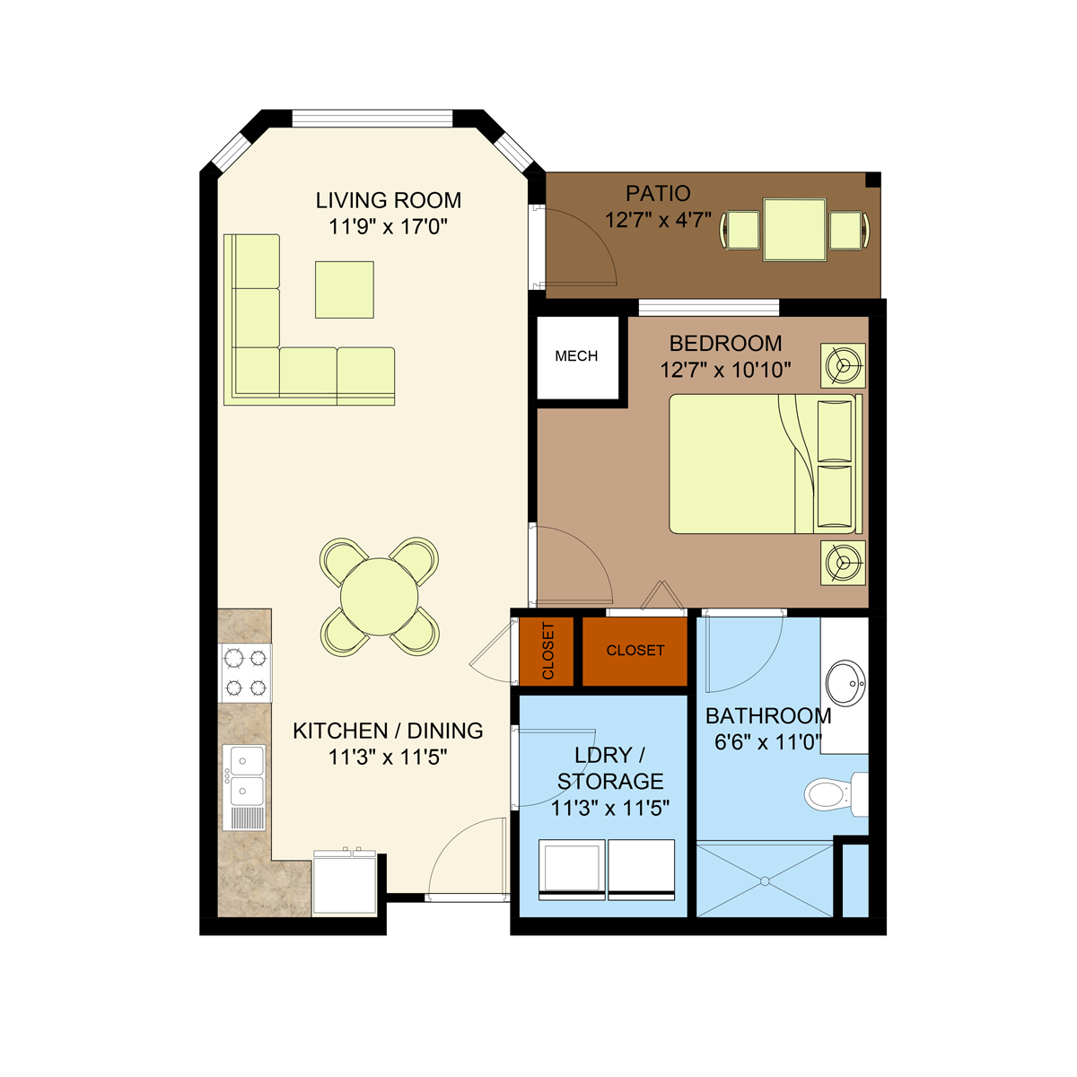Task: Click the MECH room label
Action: (575, 356)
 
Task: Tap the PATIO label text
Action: (657, 193)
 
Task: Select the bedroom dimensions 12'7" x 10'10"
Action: (725, 370)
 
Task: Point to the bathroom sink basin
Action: (845, 682)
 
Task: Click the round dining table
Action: (380, 596)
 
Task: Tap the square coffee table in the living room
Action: (345, 290)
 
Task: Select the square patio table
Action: (794, 229)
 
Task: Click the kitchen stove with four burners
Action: (245, 673)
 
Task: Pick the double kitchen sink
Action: (244, 787)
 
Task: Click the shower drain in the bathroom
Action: (765, 881)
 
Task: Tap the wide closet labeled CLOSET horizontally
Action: (635, 651)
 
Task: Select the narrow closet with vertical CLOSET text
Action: (546, 651)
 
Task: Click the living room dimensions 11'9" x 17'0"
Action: (388, 226)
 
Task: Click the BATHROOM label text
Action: (768, 715)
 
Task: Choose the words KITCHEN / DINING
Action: (388, 731)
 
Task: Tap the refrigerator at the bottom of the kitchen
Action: (345, 883)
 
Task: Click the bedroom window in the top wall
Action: (708, 308)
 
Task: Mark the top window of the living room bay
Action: (372, 118)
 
